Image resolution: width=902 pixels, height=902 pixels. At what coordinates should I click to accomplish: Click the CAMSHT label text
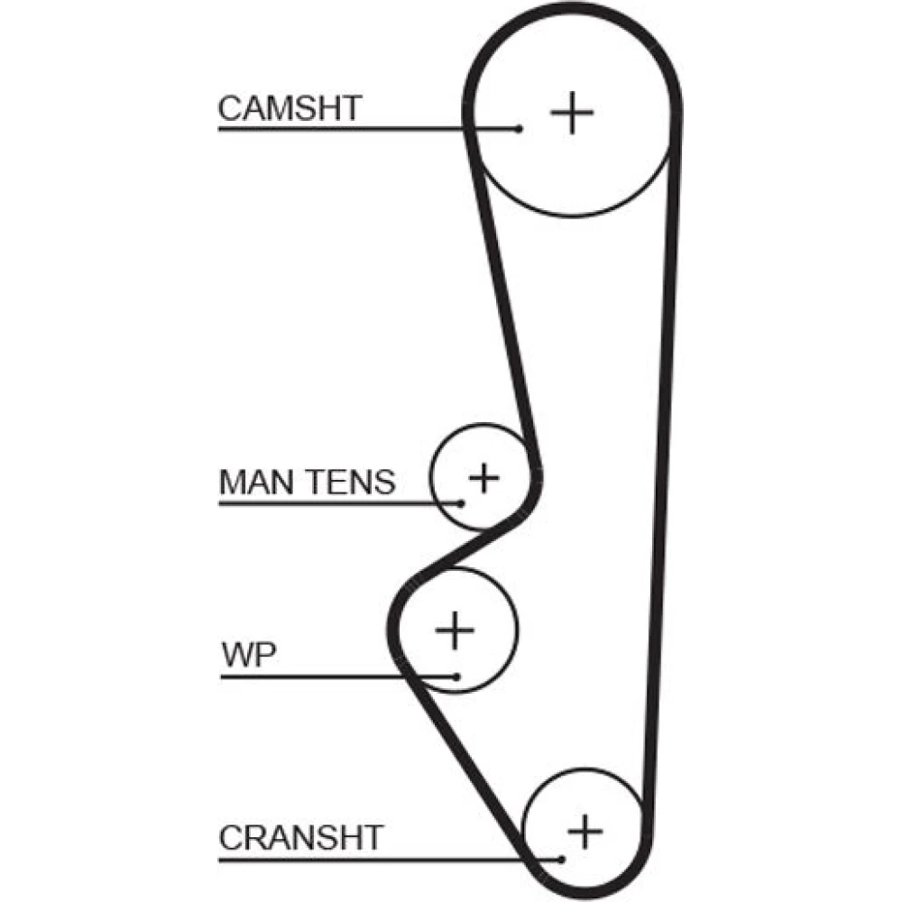(x=289, y=108)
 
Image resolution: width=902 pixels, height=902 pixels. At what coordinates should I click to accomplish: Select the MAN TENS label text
(x=307, y=482)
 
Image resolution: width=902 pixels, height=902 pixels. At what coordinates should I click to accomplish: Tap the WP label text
(x=248, y=656)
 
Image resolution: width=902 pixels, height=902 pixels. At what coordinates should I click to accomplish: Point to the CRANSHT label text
(x=300, y=837)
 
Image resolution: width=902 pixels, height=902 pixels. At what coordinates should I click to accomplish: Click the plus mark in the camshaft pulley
(x=572, y=114)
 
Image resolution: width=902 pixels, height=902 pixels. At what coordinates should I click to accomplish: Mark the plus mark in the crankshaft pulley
(x=585, y=830)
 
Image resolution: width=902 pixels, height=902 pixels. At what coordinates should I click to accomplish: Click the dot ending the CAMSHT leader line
(x=519, y=129)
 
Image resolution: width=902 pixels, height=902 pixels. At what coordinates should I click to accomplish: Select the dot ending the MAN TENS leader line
(x=461, y=502)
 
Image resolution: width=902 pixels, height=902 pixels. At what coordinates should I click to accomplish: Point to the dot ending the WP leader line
(x=457, y=676)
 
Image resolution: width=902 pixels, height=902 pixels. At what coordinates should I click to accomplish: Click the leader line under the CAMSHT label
(x=361, y=129)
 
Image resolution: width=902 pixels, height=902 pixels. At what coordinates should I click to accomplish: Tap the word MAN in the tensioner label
(x=255, y=482)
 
